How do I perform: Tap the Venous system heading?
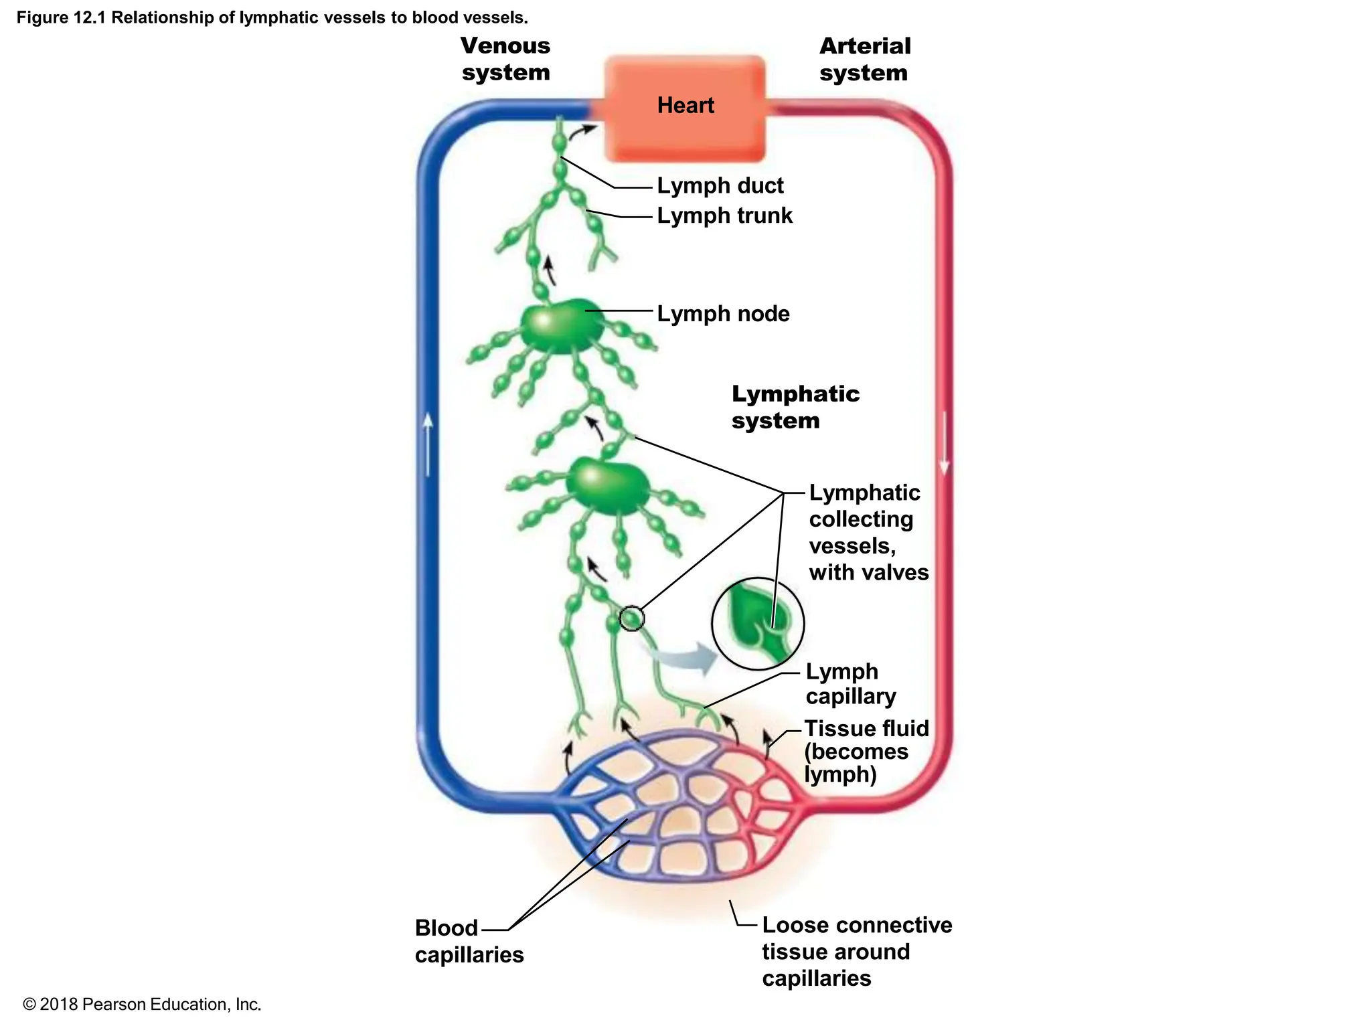(x=505, y=59)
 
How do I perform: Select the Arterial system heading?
(x=864, y=59)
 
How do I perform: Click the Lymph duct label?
(x=720, y=185)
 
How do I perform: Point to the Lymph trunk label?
(x=724, y=216)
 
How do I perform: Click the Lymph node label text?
(x=723, y=313)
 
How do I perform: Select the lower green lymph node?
(x=607, y=485)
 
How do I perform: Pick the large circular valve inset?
(x=757, y=624)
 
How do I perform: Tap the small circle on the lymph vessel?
(x=631, y=618)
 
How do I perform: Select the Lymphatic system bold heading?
(x=795, y=406)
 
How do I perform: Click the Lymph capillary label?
(x=850, y=683)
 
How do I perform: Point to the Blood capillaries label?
(x=468, y=941)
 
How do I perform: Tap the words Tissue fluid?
(x=866, y=728)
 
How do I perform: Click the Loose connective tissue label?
(x=856, y=951)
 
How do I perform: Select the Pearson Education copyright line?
(x=142, y=1005)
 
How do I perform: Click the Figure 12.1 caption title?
(x=272, y=17)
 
